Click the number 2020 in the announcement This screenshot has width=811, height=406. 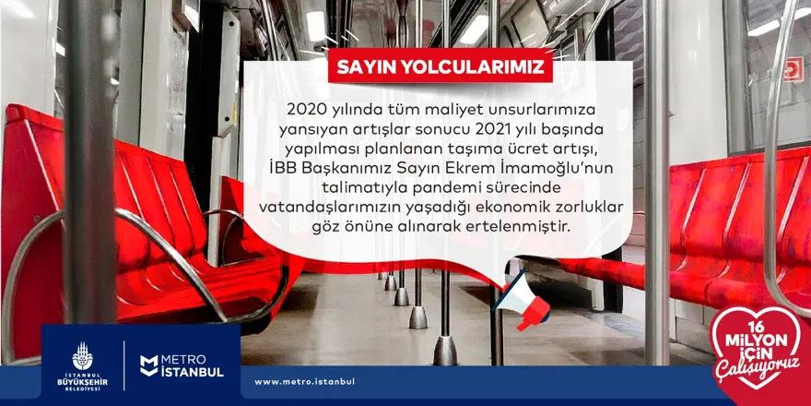coord(303,110)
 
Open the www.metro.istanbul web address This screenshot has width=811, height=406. coord(304,382)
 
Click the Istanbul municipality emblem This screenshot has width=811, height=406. coord(82,356)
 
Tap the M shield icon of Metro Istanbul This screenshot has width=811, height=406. coord(149,365)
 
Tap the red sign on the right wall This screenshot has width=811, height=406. coord(793,69)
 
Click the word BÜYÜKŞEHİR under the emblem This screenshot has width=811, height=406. coord(82,382)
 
